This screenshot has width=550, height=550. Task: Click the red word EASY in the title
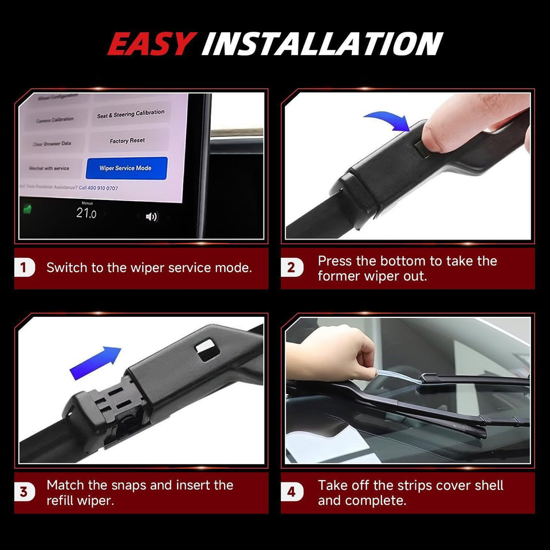152,44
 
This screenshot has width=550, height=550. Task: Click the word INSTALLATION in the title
322,44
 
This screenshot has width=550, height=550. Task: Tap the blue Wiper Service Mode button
126,168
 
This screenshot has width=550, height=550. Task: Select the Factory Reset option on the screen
127,141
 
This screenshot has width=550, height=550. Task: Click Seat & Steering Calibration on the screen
131,114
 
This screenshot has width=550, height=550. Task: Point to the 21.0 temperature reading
87,214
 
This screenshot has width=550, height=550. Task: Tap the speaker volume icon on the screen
151,217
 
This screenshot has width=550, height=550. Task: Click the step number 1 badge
23,268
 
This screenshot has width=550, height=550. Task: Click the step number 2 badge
291,268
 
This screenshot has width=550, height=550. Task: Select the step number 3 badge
23,492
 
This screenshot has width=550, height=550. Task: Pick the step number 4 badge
291,492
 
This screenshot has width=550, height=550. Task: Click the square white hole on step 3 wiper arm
206,348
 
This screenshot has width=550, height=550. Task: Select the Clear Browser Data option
52,144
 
